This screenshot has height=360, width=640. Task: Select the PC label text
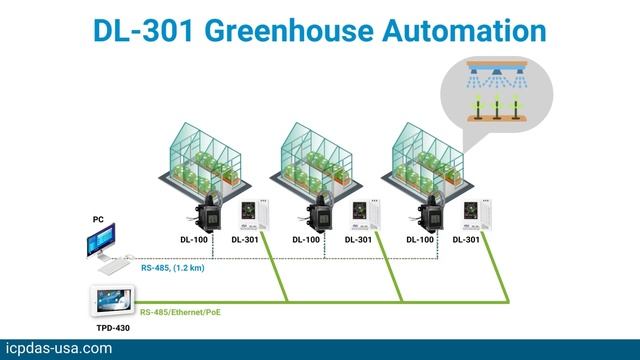(x=98, y=219)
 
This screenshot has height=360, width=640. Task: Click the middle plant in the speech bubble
(x=497, y=107)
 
